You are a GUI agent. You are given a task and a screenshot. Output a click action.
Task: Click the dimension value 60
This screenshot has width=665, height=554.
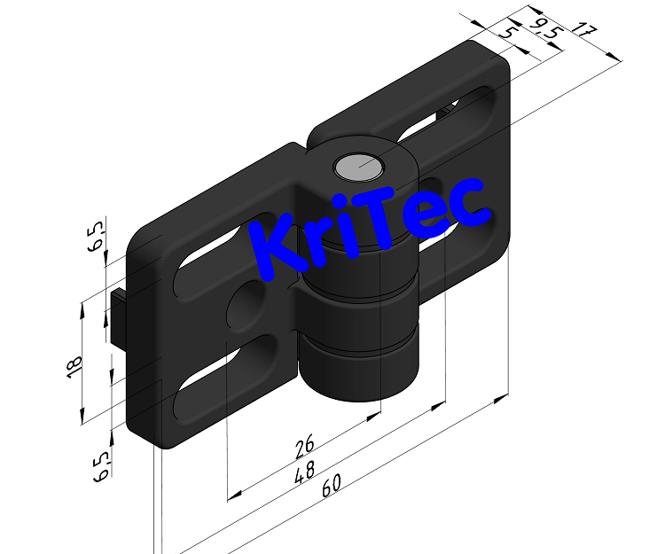click(x=331, y=487)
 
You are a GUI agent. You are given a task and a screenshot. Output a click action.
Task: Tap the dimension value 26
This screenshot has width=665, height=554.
click(x=303, y=446)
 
